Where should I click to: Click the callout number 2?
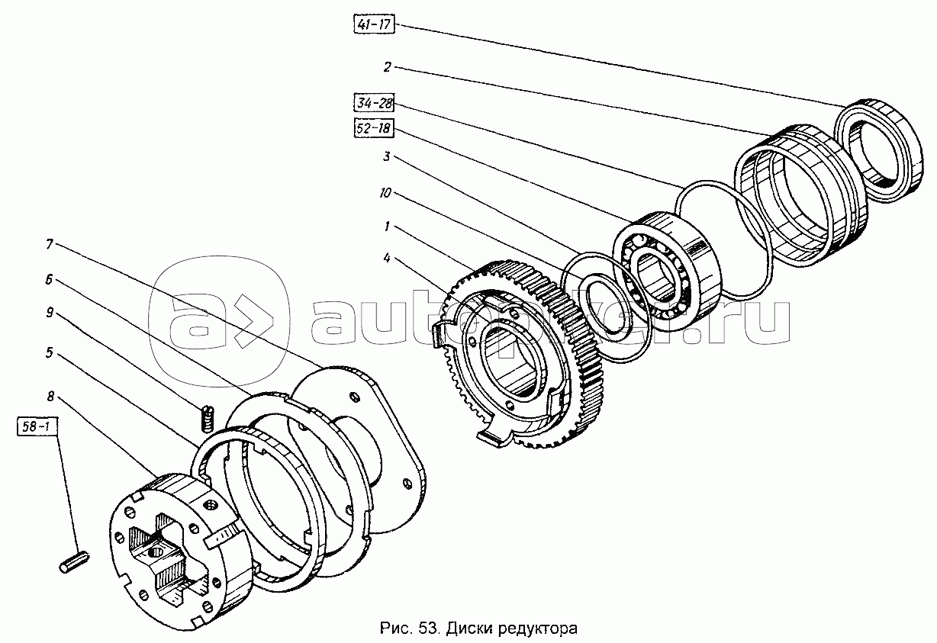[x=388, y=67]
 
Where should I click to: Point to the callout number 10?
[x=385, y=194]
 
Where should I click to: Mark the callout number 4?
[x=387, y=259]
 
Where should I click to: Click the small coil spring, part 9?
[x=208, y=419]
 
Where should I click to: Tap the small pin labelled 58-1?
[x=75, y=561]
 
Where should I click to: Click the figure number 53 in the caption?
[x=428, y=629]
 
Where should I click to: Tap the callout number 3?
[x=387, y=157]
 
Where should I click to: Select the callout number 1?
[x=387, y=227]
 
